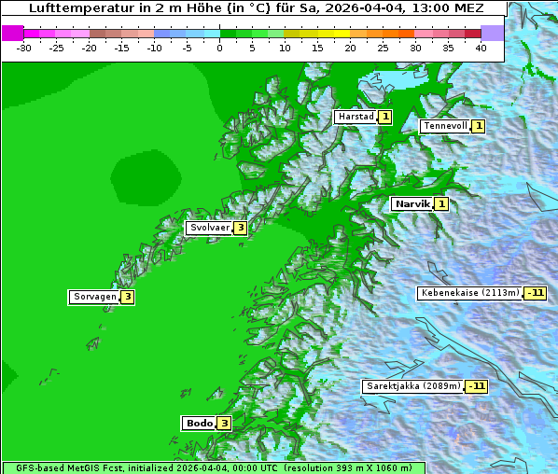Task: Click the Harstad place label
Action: pos(356,117)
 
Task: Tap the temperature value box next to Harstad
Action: pos(384,117)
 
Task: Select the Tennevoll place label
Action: pos(444,126)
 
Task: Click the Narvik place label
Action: pos(412,203)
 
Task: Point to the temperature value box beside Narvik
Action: pos(441,203)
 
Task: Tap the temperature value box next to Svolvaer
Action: pos(240,228)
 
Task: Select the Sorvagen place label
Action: pos(94,297)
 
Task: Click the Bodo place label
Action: pos(200,423)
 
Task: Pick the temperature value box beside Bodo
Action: pos(224,423)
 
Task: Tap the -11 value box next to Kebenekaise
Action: pos(535,293)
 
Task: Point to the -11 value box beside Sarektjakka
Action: pos(477,386)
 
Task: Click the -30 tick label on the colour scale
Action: pos(24,47)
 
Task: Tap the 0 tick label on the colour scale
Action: pos(219,47)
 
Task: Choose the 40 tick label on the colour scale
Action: pos(481,47)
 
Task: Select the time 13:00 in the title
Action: pos(417,7)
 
